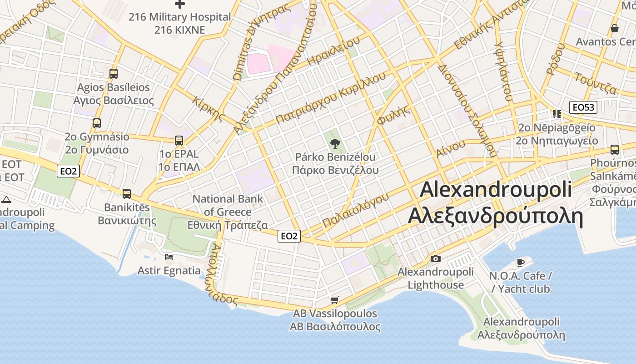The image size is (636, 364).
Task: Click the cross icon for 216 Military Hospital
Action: click(x=180, y=4)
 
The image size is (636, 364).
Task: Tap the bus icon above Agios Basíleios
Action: click(x=114, y=73)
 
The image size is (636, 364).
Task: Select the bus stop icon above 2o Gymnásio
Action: click(x=97, y=123)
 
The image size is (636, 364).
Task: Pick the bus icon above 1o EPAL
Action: click(x=179, y=141)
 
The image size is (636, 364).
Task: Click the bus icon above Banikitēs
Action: click(x=127, y=193)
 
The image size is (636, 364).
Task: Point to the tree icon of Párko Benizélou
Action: click(x=335, y=144)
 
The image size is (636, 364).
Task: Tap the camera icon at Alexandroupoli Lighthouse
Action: click(x=435, y=259)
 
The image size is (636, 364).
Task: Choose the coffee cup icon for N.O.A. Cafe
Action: click(x=521, y=263)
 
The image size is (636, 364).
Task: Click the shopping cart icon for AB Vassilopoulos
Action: click(x=335, y=300)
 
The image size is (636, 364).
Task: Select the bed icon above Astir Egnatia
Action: click(x=169, y=257)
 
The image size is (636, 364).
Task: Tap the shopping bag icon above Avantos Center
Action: click(x=615, y=28)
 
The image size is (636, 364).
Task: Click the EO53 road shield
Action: click(x=583, y=107)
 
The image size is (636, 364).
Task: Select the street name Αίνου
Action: click(x=451, y=148)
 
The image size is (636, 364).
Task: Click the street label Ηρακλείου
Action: click(x=333, y=50)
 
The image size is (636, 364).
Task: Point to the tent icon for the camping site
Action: click(x=6, y=199)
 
